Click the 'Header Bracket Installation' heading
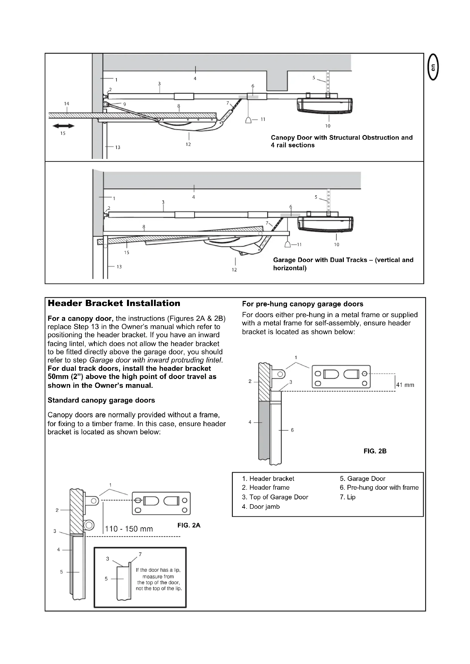[114, 303]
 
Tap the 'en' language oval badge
[433, 67]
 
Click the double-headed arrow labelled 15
[63, 126]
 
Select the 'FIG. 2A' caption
[189, 525]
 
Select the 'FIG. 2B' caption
[375, 451]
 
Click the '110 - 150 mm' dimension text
[129, 529]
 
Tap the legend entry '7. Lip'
[347, 497]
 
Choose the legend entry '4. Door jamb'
[261, 507]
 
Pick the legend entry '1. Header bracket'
[268, 479]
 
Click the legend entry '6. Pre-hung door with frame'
[379, 488]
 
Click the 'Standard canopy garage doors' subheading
[101, 400]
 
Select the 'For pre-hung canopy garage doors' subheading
[302, 304]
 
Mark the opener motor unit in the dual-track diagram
[326, 225]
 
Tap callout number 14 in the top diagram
[66, 104]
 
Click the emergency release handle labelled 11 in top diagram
[248, 120]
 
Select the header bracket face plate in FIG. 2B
[341, 376]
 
